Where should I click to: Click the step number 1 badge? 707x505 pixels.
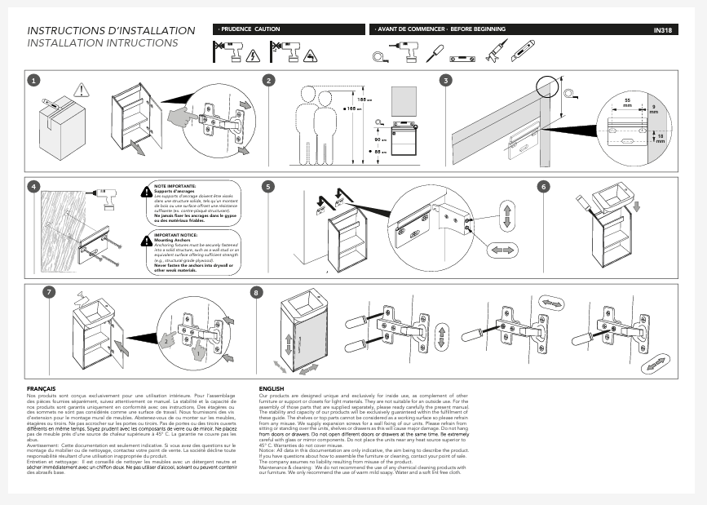tap(33, 80)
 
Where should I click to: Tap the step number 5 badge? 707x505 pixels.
tap(269, 186)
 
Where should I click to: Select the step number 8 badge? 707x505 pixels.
tap(258, 292)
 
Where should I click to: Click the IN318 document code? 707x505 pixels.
tap(662, 30)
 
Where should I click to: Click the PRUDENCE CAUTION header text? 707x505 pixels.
tap(250, 29)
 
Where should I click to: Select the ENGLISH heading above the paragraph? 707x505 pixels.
tap(271, 388)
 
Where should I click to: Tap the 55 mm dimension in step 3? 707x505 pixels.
tap(627, 102)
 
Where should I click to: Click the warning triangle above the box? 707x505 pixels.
tap(80, 90)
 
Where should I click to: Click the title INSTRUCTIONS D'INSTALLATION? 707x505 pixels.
tap(112, 31)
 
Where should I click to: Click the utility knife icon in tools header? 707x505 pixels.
tap(523, 51)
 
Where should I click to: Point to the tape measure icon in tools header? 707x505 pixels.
tap(380, 55)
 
